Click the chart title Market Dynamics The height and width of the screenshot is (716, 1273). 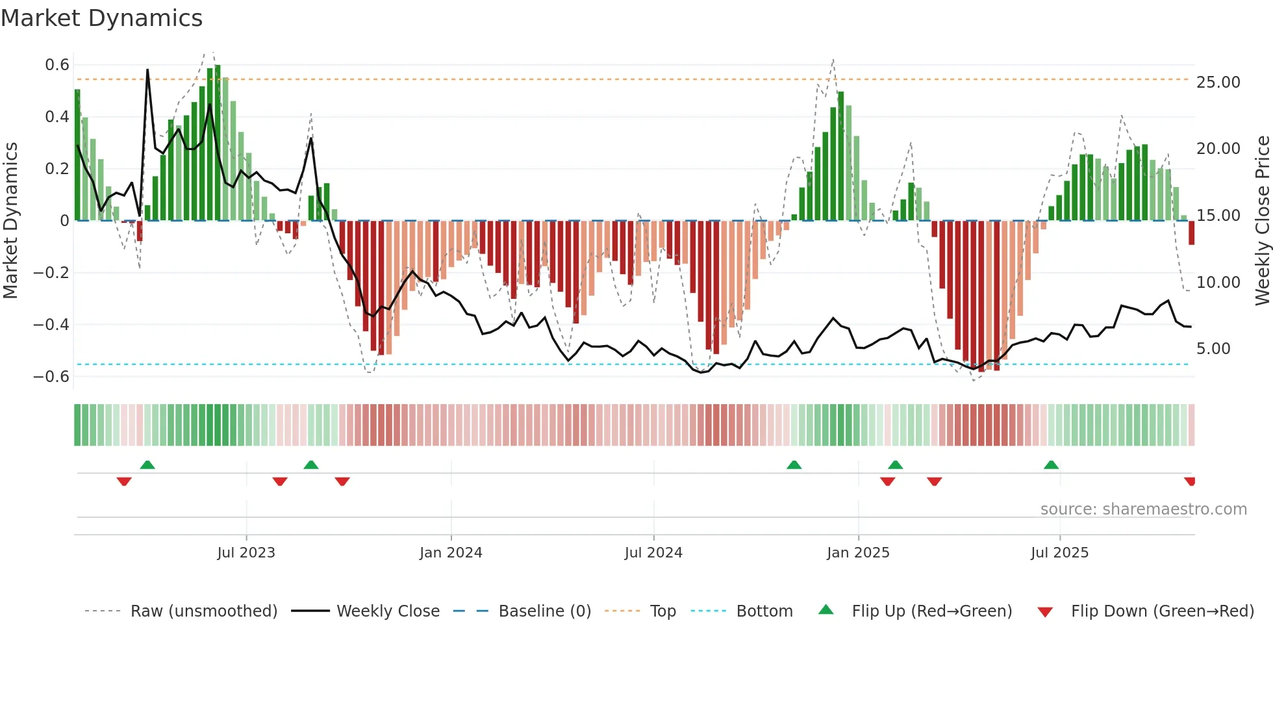101,18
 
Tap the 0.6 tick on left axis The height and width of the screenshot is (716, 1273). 57,65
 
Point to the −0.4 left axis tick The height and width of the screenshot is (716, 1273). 51,324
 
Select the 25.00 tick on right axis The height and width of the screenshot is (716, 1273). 1218,83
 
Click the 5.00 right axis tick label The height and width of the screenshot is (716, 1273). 1213,349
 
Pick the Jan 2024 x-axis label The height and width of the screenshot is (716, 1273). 451,553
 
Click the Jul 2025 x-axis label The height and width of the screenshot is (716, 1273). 1059,553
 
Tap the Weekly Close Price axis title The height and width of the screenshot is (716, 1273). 1262,221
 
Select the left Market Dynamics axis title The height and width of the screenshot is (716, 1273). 10,221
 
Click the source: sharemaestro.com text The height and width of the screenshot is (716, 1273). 1143,509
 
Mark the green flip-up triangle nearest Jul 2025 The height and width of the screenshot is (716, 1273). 1051,465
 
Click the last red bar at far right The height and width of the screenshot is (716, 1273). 1191,233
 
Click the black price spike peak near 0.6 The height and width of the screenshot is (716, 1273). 147,70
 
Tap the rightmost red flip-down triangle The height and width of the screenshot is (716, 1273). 1190,481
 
